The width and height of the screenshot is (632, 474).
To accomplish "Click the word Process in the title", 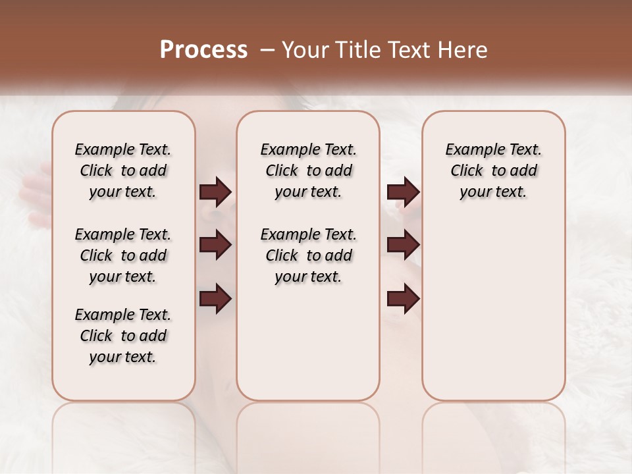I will point(203,49).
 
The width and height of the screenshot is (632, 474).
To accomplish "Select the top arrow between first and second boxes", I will point(215,192).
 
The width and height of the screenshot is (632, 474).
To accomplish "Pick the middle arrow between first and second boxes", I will point(215,246).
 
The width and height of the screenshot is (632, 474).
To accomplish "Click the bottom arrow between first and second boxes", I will point(215,299).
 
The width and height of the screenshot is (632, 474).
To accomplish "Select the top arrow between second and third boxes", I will point(403,192).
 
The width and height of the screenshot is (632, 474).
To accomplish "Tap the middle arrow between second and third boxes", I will point(403,246).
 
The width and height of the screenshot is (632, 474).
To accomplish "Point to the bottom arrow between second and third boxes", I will point(403,299).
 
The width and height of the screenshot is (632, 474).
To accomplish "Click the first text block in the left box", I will point(123,171).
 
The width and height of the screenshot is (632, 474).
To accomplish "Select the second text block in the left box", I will point(123,255).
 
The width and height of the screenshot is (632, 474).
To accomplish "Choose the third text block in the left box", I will point(123,336).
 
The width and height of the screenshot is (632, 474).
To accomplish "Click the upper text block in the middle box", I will point(308,171).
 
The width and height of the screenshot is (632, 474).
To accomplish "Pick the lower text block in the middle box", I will point(308,255).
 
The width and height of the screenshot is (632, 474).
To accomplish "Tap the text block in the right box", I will point(494,171).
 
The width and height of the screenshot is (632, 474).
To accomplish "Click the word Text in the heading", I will point(411,49).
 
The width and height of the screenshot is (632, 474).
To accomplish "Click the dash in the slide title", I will point(267,49).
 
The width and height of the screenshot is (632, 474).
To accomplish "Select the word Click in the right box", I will point(467,171).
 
